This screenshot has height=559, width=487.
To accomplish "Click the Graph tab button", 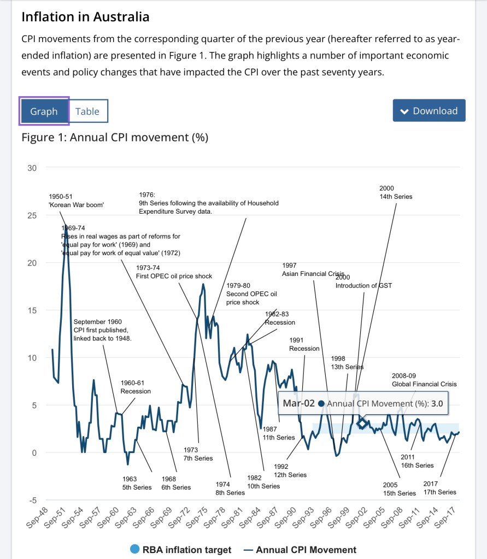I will pos(44,111).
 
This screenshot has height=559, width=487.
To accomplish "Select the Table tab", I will pos(87,111).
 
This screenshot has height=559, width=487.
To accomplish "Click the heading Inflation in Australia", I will pos(85,17).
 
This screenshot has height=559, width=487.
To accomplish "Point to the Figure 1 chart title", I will pos(115,137).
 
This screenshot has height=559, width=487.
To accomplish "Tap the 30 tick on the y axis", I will pos(32,168).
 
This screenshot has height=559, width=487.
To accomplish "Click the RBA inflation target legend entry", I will pos(181,550).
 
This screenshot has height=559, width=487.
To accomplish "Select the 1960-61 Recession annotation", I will pos(136,387).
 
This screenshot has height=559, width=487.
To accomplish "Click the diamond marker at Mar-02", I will pos(362,423).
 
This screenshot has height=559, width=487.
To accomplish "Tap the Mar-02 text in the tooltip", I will pos(299,404).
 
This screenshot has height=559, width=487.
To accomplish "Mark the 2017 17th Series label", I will pos(439,487).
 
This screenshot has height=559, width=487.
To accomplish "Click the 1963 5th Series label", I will pos(133,483).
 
